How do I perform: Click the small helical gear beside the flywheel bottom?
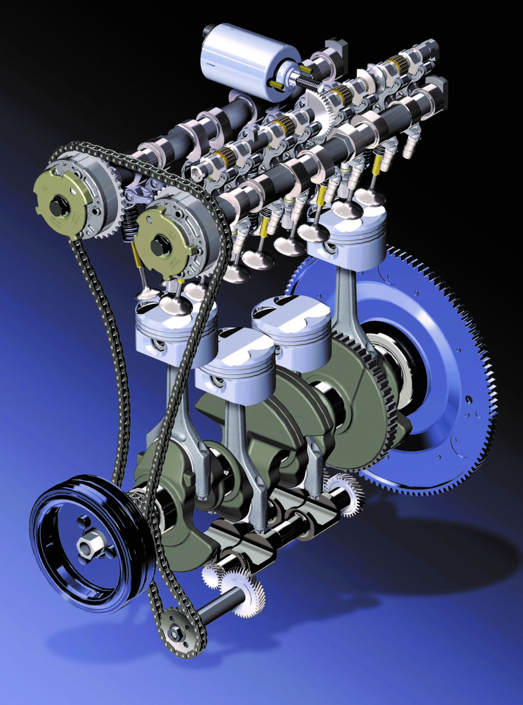click(x=342, y=493)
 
